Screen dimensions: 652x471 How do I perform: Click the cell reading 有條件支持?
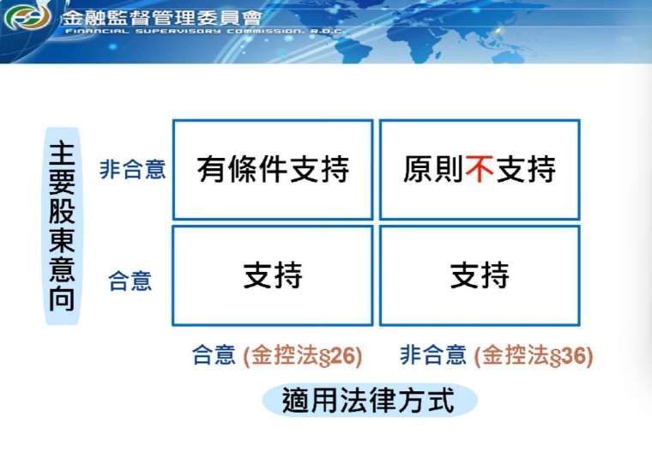273,170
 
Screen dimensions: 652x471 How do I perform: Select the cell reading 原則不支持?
480,170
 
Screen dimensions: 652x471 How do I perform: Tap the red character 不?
480,169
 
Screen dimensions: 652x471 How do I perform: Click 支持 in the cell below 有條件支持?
273,275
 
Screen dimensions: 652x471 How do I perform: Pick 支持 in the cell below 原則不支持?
480,275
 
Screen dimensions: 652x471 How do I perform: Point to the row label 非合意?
133,169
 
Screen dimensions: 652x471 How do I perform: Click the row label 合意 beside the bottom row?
130,281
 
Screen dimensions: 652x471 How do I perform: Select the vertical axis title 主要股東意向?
62,226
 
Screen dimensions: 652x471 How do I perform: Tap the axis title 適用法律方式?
368,401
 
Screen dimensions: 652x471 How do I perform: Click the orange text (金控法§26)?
302,356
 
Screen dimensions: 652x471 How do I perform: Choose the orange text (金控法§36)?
534,356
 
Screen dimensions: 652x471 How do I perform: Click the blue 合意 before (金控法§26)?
214,355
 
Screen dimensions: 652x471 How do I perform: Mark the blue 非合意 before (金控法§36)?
433,355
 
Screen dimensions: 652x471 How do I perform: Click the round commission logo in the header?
27,17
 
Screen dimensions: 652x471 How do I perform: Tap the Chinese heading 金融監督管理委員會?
162,17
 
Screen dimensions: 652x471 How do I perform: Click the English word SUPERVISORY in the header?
178,32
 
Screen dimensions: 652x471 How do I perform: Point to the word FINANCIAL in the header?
97,32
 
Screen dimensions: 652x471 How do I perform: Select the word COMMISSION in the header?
266,32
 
